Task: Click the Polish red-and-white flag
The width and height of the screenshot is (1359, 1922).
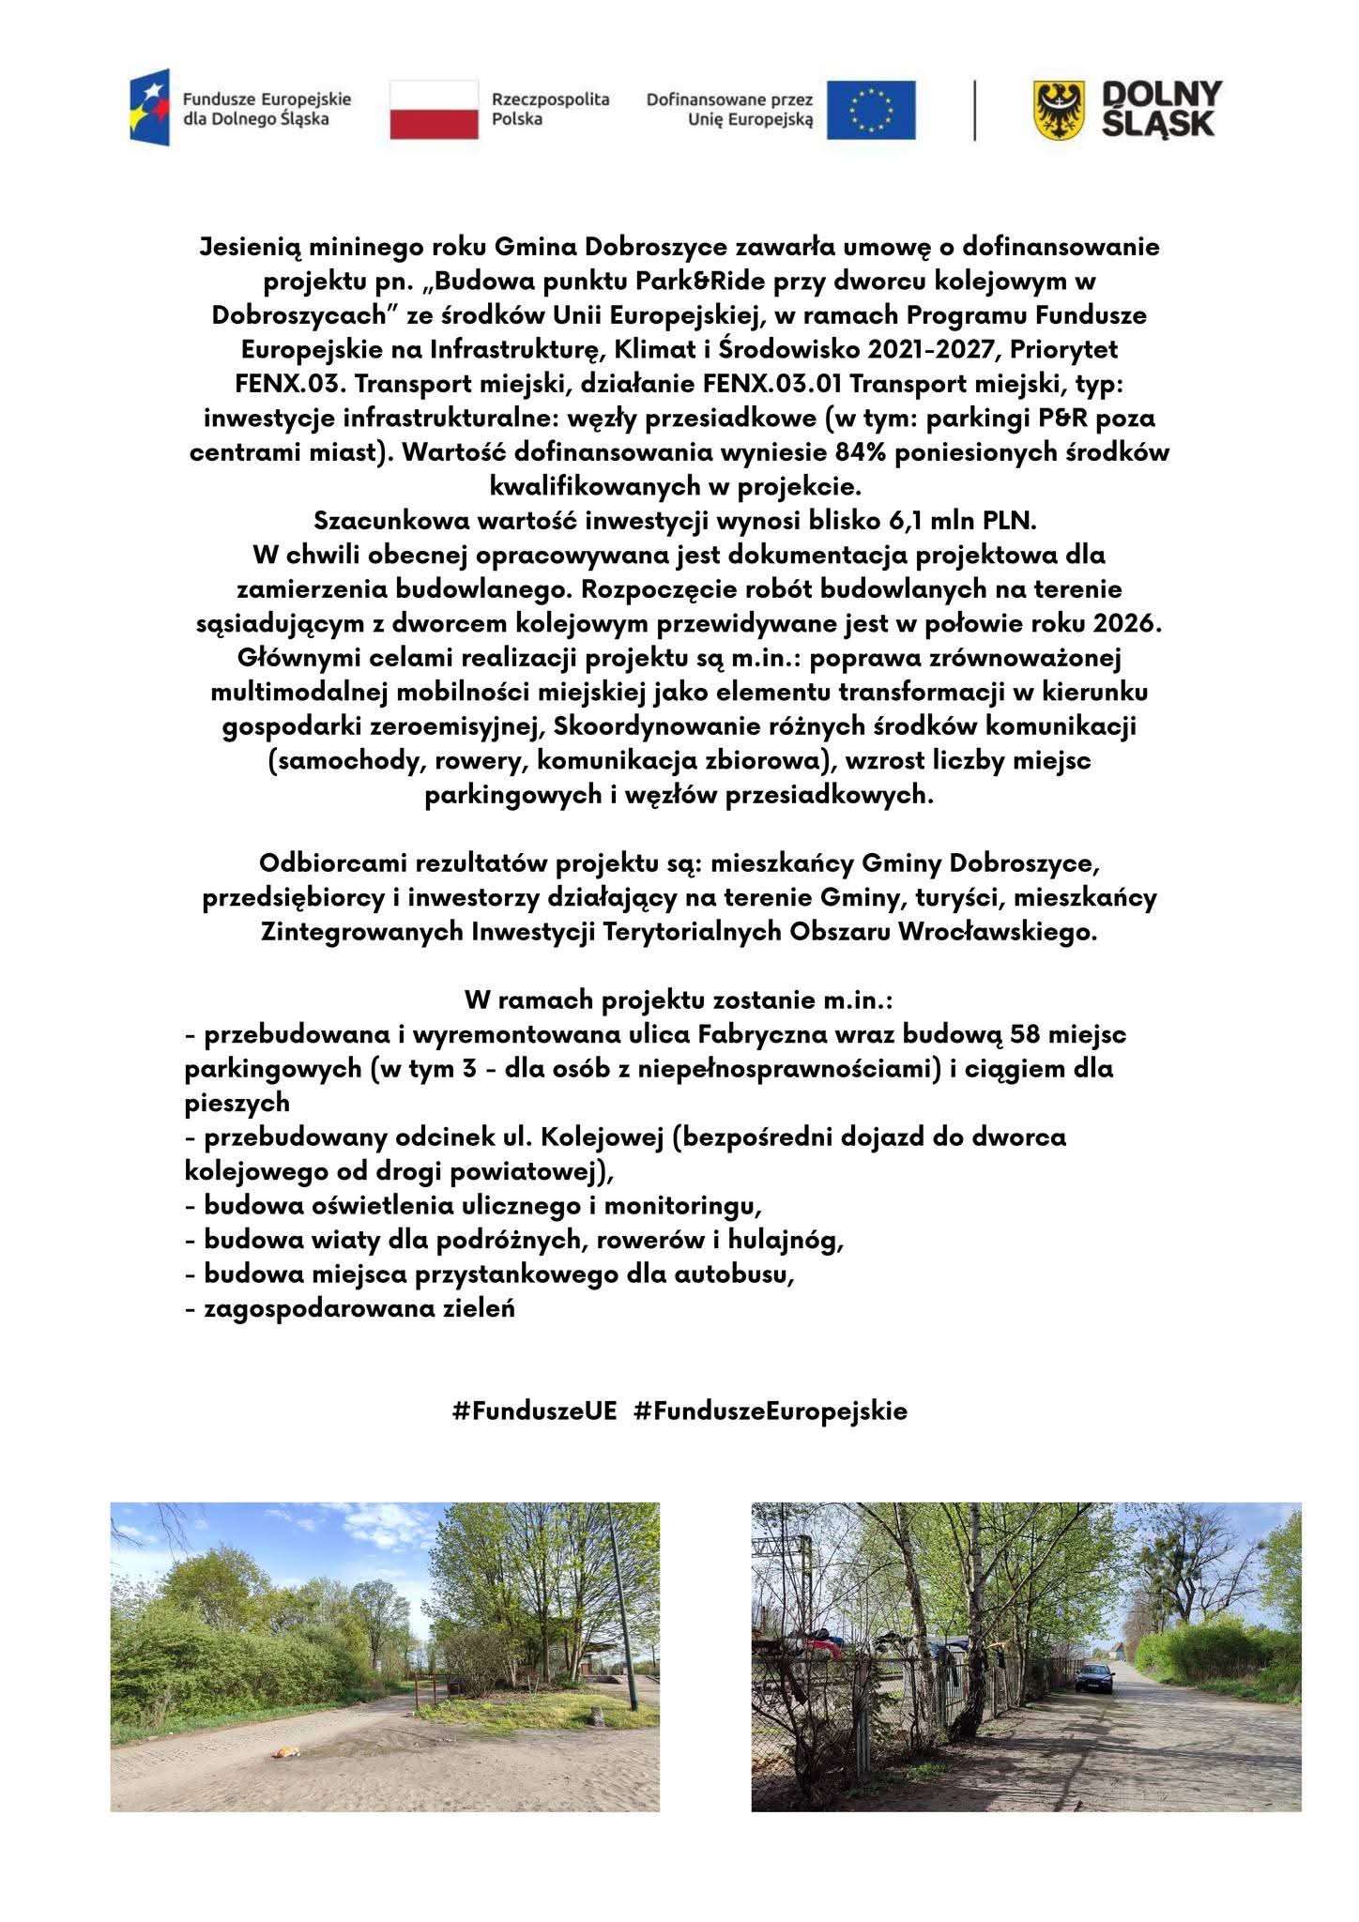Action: pyautogui.click(x=434, y=110)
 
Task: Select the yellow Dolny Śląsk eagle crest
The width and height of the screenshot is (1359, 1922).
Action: pyautogui.click(x=1058, y=110)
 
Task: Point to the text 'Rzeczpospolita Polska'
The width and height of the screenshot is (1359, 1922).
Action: pyautogui.click(x=550, y=109)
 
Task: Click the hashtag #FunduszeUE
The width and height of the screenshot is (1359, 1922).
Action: pyautogui.click(x=534, y=1411)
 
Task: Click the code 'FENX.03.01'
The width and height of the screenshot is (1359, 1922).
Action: pyautogui.click(x=797, y=384)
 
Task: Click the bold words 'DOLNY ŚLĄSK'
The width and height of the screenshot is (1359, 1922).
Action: pyautogui.click(x=1161, y=109)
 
